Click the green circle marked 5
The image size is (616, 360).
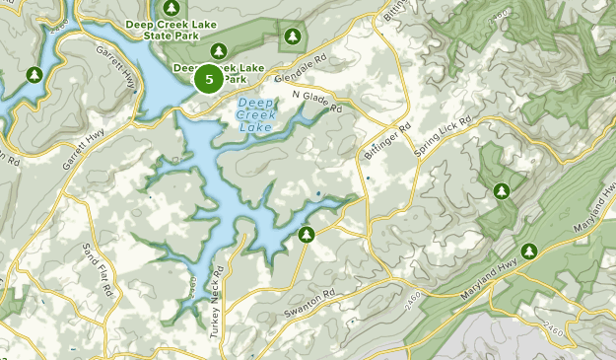click(x=208, y=79)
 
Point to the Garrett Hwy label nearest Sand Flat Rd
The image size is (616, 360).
click(x=80, y=151)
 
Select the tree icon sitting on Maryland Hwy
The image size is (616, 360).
click(x=530, y=252)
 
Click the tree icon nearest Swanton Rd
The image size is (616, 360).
click(x=307, y=235)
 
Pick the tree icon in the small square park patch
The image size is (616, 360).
click(x=291, y=37)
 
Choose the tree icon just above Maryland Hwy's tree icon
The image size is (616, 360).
click(x=502, y=190)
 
